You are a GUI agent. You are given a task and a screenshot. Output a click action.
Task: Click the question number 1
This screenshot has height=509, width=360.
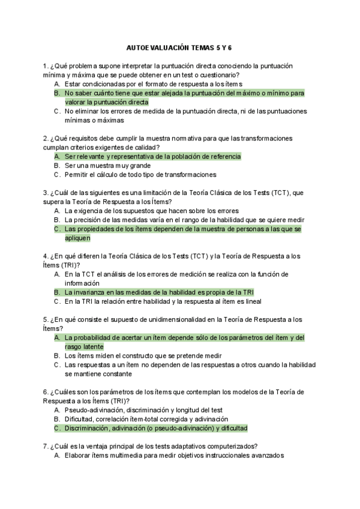[x=45, y=66]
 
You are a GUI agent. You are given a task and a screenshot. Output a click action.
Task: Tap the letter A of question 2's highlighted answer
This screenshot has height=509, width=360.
[x=56, y=157]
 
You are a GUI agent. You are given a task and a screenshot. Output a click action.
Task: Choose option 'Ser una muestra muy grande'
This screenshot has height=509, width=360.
[x=107, y=166]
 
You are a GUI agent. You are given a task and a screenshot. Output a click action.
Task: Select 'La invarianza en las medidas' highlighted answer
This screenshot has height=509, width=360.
[x=151, y=292]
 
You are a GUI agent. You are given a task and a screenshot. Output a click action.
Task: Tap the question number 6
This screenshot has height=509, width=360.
[x=45, y=392]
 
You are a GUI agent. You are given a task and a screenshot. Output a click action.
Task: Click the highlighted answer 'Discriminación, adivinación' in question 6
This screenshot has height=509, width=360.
[x=155, y=428]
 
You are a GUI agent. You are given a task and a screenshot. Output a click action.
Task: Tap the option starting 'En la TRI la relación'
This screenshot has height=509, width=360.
[x=163, y=301]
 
